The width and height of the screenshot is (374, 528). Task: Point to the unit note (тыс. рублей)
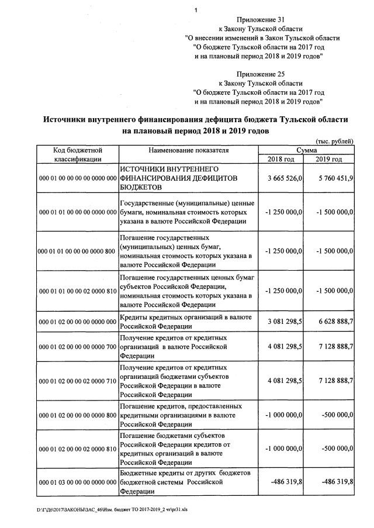tap(334, 142)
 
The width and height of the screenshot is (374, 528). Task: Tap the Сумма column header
tap(306, 150)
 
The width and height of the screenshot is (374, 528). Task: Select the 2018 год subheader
tap(280, 159)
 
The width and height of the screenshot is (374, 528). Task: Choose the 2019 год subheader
tap(328, 159)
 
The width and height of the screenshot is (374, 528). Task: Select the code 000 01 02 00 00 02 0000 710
tap(77, 381)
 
